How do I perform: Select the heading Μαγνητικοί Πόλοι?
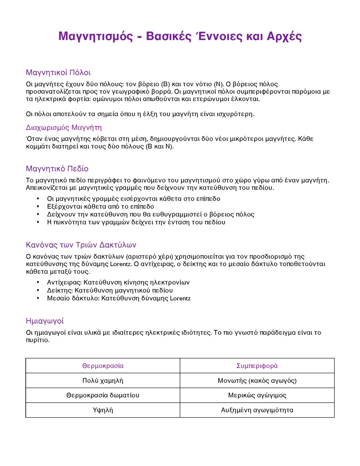(x=58, y=72)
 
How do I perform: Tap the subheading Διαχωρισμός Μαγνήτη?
(x=64, y=127)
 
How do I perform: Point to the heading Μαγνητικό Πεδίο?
(x=57, y=168)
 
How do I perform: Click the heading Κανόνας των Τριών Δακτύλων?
(x=81, y=245)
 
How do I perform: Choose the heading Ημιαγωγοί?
(x=45, y=321)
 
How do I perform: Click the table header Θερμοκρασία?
(x=103, y=366)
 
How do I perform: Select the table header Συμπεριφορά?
(x=257, y=366)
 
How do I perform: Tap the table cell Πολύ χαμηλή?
(x=103, y=381)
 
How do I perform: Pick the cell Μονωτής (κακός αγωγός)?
(x=257, y=381)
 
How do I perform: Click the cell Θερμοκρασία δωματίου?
(x=103, y=395)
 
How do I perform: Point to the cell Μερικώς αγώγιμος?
(x=257, y=395)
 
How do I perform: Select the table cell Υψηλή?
(x=103, y=410)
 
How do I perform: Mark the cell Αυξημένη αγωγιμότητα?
(x=257, y=410)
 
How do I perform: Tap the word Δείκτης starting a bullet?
(x=59, y=291)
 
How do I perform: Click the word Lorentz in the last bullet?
(x=180, y=299)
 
